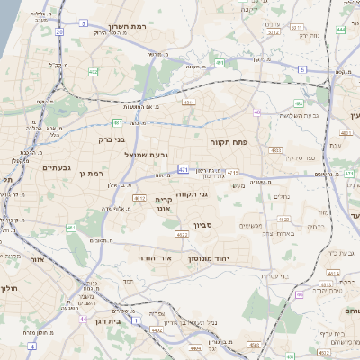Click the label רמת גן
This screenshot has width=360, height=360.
tap(91, 173)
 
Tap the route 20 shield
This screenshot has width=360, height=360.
tap(59, 31)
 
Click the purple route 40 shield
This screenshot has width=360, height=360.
tap(256, 112)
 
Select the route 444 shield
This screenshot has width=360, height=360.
tap(341, 30)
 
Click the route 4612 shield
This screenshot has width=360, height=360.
tap(139, 198)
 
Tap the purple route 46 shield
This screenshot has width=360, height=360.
tap(298, 294)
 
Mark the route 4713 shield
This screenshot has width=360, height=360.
tap(232, 172)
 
